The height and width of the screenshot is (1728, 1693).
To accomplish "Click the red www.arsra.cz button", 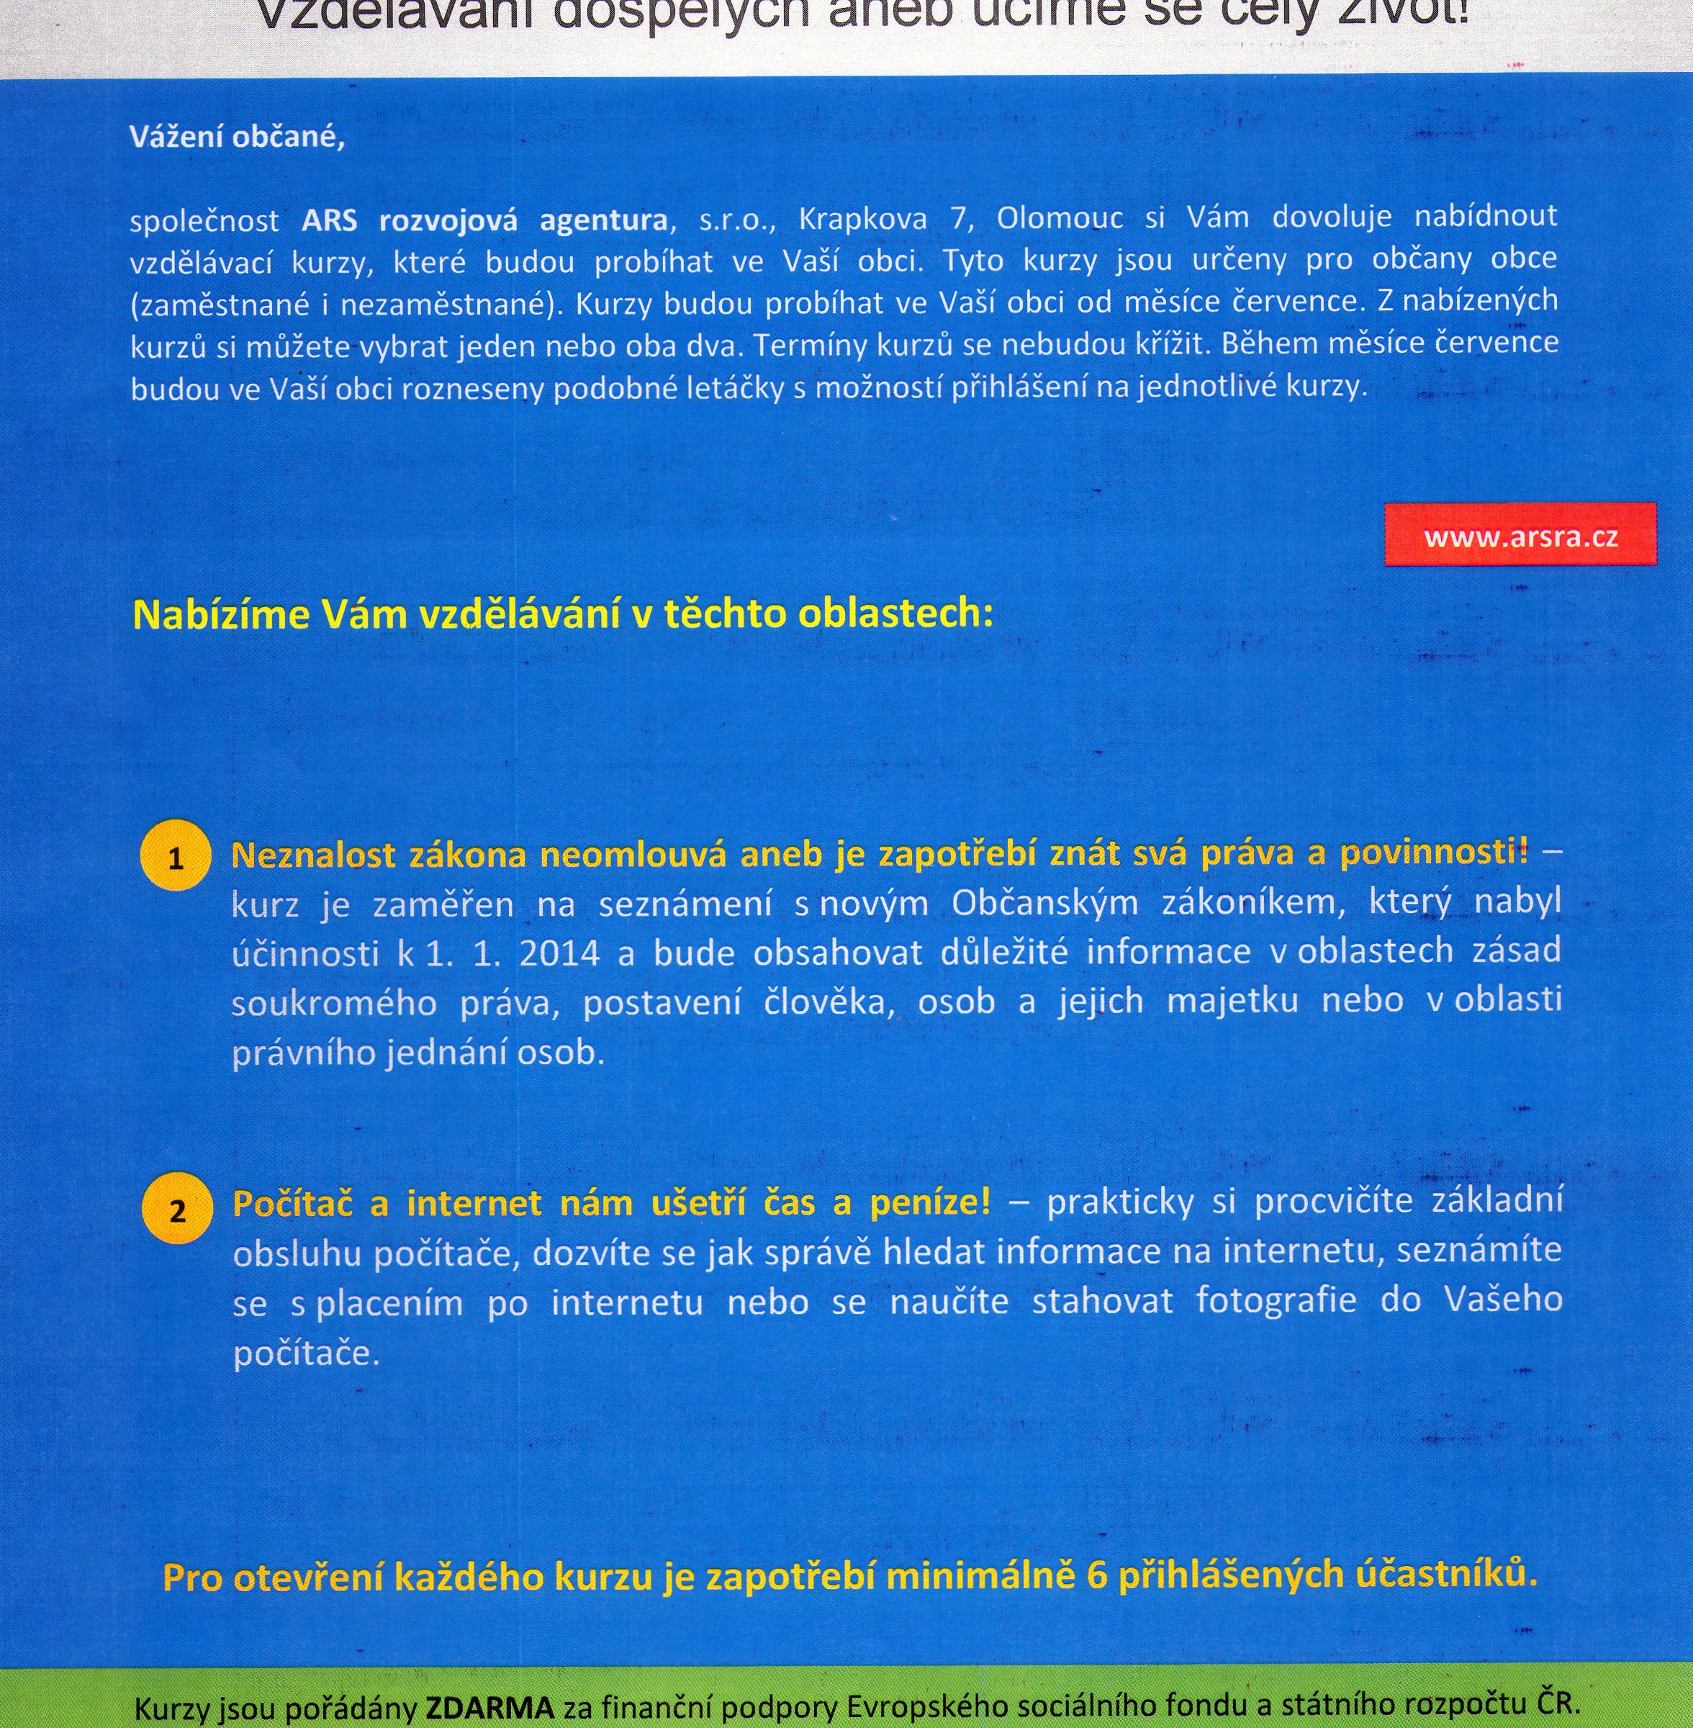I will coord(1520,536).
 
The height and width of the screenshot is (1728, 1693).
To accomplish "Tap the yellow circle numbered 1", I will coord(175,858).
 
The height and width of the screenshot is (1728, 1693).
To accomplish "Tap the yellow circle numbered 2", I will coord(177,1210).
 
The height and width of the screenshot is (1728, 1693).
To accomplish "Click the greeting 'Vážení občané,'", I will coord(237,137).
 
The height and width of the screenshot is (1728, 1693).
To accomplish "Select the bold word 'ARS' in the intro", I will coord(329,220).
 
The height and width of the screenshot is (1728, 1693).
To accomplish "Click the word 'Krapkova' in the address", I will coord(862,219).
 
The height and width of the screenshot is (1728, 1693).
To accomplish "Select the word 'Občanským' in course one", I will coord(1044,903).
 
